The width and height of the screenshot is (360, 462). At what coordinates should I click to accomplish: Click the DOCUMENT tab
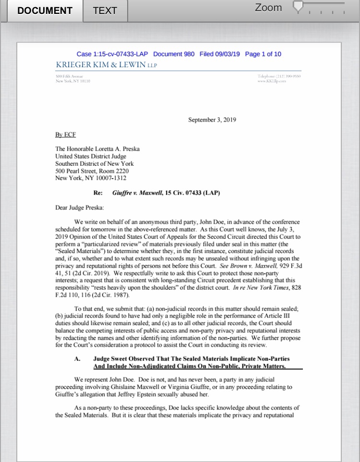45,11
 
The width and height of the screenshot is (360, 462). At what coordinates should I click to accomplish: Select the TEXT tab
105,11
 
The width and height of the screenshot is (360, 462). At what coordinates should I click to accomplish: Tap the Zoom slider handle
299,7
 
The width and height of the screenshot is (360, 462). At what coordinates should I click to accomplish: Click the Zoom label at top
268,8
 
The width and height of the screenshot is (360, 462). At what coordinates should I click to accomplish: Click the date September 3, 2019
212,120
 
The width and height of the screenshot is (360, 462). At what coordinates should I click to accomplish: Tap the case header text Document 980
174,54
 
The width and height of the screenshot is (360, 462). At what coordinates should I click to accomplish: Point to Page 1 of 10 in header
263,54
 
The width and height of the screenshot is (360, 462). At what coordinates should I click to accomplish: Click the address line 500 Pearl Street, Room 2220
92,171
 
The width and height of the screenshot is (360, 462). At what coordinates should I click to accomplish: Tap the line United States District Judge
91,157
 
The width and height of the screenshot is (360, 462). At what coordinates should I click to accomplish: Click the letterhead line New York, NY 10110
73,81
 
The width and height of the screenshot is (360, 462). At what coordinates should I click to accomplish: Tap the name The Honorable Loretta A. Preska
97,149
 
